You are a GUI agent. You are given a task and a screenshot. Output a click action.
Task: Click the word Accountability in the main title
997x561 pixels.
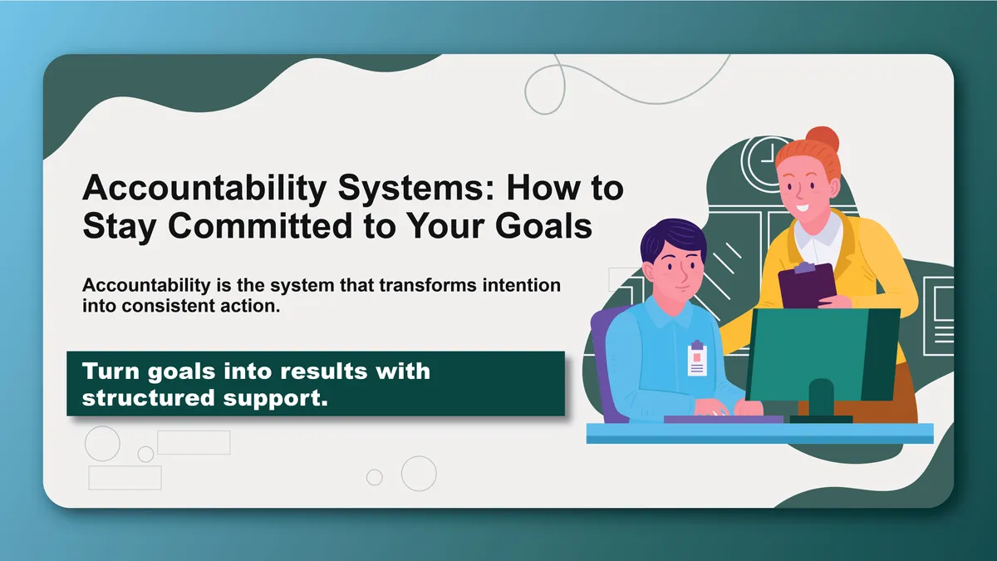[204, 189]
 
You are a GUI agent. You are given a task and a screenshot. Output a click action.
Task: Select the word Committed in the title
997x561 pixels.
[260, 226]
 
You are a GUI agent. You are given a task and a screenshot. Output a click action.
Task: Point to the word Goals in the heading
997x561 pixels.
[543, 226]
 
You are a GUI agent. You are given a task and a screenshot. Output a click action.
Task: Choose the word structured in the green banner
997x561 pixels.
[149, 397]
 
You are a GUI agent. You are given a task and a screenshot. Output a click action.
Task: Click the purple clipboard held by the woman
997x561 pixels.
[807, 285]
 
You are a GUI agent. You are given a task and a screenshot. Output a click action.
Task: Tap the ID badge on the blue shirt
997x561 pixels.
[697, 358]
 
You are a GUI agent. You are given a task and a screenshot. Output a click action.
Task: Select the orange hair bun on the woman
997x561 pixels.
[823, 140]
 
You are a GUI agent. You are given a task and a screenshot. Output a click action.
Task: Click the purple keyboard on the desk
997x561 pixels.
[724, 420]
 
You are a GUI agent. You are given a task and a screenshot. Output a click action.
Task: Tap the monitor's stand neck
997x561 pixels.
[821, 397]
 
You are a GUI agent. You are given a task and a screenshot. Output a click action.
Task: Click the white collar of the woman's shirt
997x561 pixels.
[819, 239]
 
